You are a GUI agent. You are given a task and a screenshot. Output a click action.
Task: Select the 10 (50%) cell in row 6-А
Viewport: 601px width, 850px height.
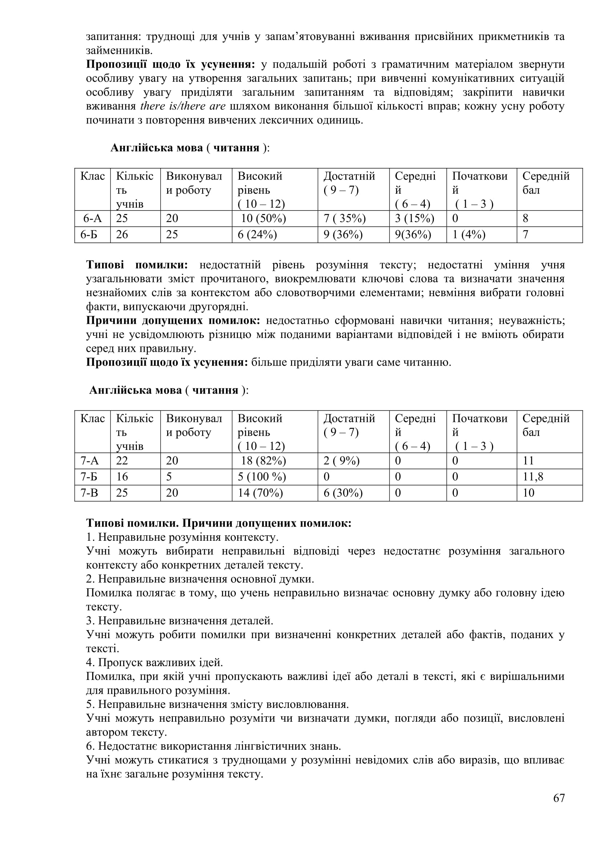coord(263,218)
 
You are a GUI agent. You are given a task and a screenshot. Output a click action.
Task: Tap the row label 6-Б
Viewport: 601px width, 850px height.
coord(89,235)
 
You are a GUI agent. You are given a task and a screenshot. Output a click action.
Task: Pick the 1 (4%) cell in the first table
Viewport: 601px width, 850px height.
coord(468,235)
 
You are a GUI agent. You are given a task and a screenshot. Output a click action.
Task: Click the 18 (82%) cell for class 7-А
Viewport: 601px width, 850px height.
coord(263,461)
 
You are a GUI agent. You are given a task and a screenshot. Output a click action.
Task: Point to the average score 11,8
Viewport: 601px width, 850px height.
coord(533,477)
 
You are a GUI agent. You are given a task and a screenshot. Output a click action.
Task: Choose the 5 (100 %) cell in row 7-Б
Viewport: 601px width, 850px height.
coord(262,477)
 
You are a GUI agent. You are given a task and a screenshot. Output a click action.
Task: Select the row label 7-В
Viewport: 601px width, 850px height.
coord(89,493)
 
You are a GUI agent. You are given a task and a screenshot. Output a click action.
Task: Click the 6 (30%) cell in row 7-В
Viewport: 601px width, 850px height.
coord(343,493)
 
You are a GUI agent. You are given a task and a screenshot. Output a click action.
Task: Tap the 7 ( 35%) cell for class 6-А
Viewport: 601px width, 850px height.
coord(344,218)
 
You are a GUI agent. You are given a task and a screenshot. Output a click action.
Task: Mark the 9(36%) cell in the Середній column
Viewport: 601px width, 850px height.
coord(413,235)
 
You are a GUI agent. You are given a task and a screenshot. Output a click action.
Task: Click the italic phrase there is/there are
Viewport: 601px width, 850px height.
coord(183,106)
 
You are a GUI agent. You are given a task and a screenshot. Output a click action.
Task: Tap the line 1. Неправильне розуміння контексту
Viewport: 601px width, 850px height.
coord(182,537)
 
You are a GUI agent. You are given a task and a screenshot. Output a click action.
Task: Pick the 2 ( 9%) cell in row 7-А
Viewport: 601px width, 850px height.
coord(341,461)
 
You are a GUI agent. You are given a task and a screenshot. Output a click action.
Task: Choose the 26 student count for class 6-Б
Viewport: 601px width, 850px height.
coord(122,235)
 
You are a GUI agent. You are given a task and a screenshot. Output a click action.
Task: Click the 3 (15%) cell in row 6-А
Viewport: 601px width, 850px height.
coord(414,218)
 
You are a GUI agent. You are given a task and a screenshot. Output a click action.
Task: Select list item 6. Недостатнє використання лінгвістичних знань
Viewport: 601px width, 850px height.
coord(213,746)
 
